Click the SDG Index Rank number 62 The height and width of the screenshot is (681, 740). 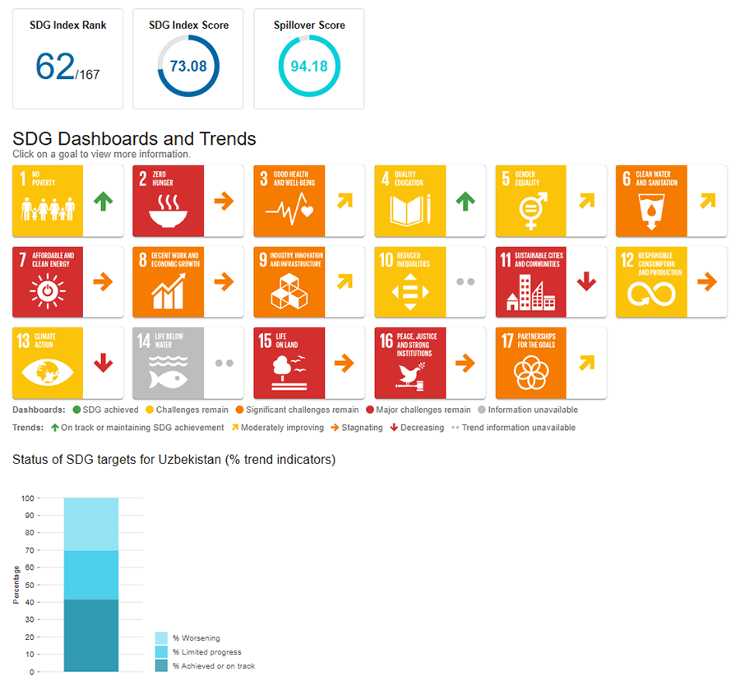tap(55, 67)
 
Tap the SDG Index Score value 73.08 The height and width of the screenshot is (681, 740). tap(188, 66)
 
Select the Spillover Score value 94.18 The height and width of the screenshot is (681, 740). tap(309, 66)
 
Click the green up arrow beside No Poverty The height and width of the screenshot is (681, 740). tap(103, 201)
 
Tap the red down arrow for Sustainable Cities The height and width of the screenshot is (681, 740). tap(586, 281)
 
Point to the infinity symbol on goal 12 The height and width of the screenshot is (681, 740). tap(650, 293)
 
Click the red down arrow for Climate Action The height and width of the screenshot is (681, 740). tap(103, 363)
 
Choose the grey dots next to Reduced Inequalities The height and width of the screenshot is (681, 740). tap(465, 281)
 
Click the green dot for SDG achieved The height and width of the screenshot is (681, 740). tap(76, 410)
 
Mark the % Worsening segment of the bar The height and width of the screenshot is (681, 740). tap(91, 524)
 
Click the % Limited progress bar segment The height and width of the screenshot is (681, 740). tap(91, 575)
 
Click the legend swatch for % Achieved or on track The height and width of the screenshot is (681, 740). tap(161, 665)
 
